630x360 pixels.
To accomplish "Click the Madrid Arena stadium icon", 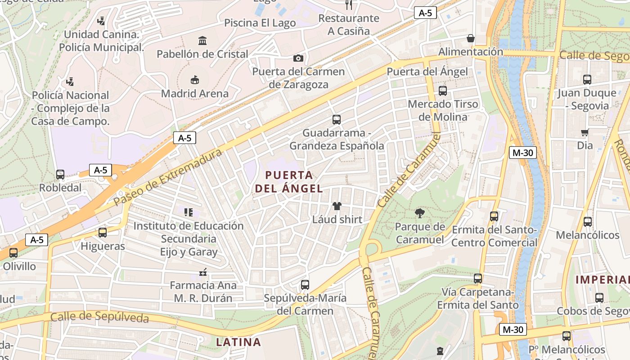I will coord(194,80).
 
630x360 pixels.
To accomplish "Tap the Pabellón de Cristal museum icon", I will coord(202,40).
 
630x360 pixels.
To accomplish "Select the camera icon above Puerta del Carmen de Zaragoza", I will coord(298,58).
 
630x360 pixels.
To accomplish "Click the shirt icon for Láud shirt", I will coord(337,206).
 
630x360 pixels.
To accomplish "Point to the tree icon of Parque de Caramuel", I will coord(420,213).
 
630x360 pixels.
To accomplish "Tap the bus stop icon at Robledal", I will coord(60,175).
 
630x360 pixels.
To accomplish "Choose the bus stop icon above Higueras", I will coord(103,233).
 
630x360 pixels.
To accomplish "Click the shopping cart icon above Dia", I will coord(585,132).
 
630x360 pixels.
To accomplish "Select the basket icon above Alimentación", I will coord(471,38).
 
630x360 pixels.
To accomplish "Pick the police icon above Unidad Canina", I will coord(101,21).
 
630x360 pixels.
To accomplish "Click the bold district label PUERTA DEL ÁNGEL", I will coord(289,182).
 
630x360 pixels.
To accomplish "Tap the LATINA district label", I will coord(238,342).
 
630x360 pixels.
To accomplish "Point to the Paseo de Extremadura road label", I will coord(168,178).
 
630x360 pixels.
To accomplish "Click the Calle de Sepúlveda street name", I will coord(99,316).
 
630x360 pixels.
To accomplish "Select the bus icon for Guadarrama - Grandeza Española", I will coord(337,120).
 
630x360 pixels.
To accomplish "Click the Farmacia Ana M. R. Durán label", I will coord(203,292).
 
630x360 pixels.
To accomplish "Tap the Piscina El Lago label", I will coord(260,23).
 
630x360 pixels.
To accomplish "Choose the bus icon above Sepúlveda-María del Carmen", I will coord(305,285).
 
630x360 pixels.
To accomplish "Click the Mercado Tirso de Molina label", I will coord(443,111).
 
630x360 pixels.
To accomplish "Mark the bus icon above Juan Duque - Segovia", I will coord(587,80).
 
